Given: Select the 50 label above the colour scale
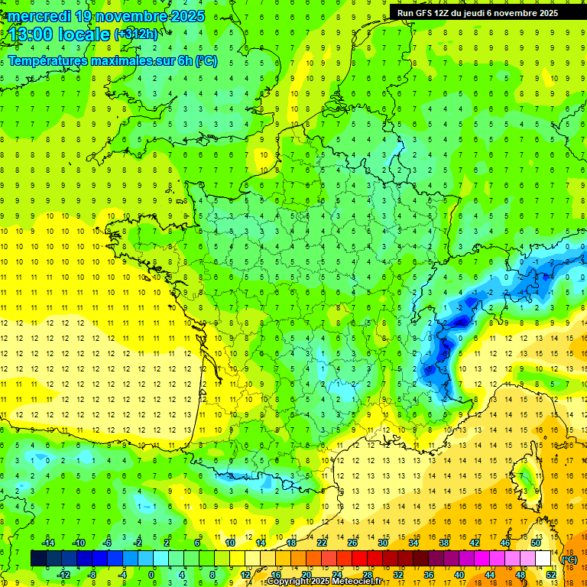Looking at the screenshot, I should pos(536,542).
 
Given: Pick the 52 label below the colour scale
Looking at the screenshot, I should pos(551,575).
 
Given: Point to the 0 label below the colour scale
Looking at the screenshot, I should pos(152,575).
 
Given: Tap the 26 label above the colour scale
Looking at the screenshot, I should pos(352,542).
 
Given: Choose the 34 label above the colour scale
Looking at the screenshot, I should pos(413,542).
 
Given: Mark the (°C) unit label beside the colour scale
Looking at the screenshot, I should pos(569,559).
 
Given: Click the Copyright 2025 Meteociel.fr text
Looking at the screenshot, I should pos(324,582).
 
